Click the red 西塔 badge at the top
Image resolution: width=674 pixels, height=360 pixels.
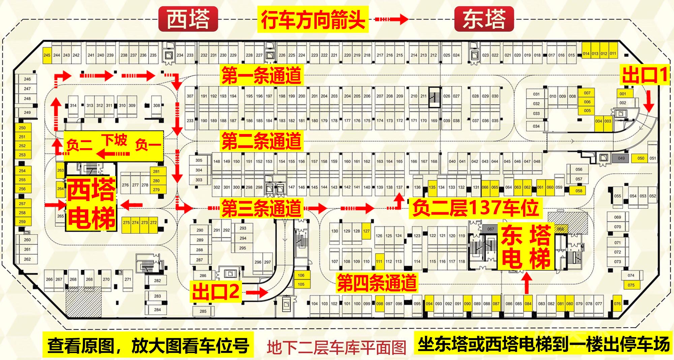188,19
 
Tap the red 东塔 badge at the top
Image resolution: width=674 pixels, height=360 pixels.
484,19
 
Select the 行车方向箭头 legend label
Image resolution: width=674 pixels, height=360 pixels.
313,20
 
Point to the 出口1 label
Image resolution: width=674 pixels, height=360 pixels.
645,75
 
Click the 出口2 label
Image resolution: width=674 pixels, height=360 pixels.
216,291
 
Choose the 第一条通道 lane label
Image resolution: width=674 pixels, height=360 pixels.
261,75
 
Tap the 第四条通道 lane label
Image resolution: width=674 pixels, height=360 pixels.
377,283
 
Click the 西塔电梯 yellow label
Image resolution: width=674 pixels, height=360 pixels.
91,204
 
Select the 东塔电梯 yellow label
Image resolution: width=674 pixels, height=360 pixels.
526,246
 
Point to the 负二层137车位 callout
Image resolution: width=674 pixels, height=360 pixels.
475,207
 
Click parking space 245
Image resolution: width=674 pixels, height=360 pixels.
47,55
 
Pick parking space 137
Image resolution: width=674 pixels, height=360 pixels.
399,187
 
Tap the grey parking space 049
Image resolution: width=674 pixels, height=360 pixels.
621,158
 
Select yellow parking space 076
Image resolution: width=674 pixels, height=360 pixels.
617,304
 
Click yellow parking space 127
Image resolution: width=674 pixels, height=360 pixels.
366,231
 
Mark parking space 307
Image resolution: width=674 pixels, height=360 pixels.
190,96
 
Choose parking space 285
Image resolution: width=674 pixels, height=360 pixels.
203,311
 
